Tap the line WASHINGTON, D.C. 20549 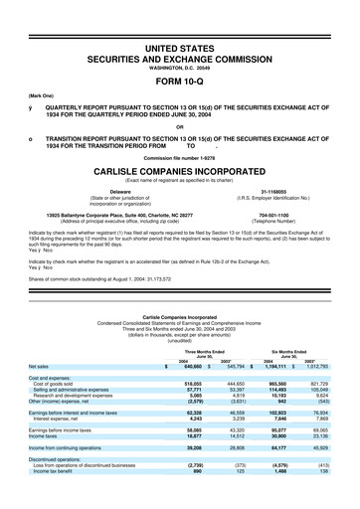click(x=179, y=66)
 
